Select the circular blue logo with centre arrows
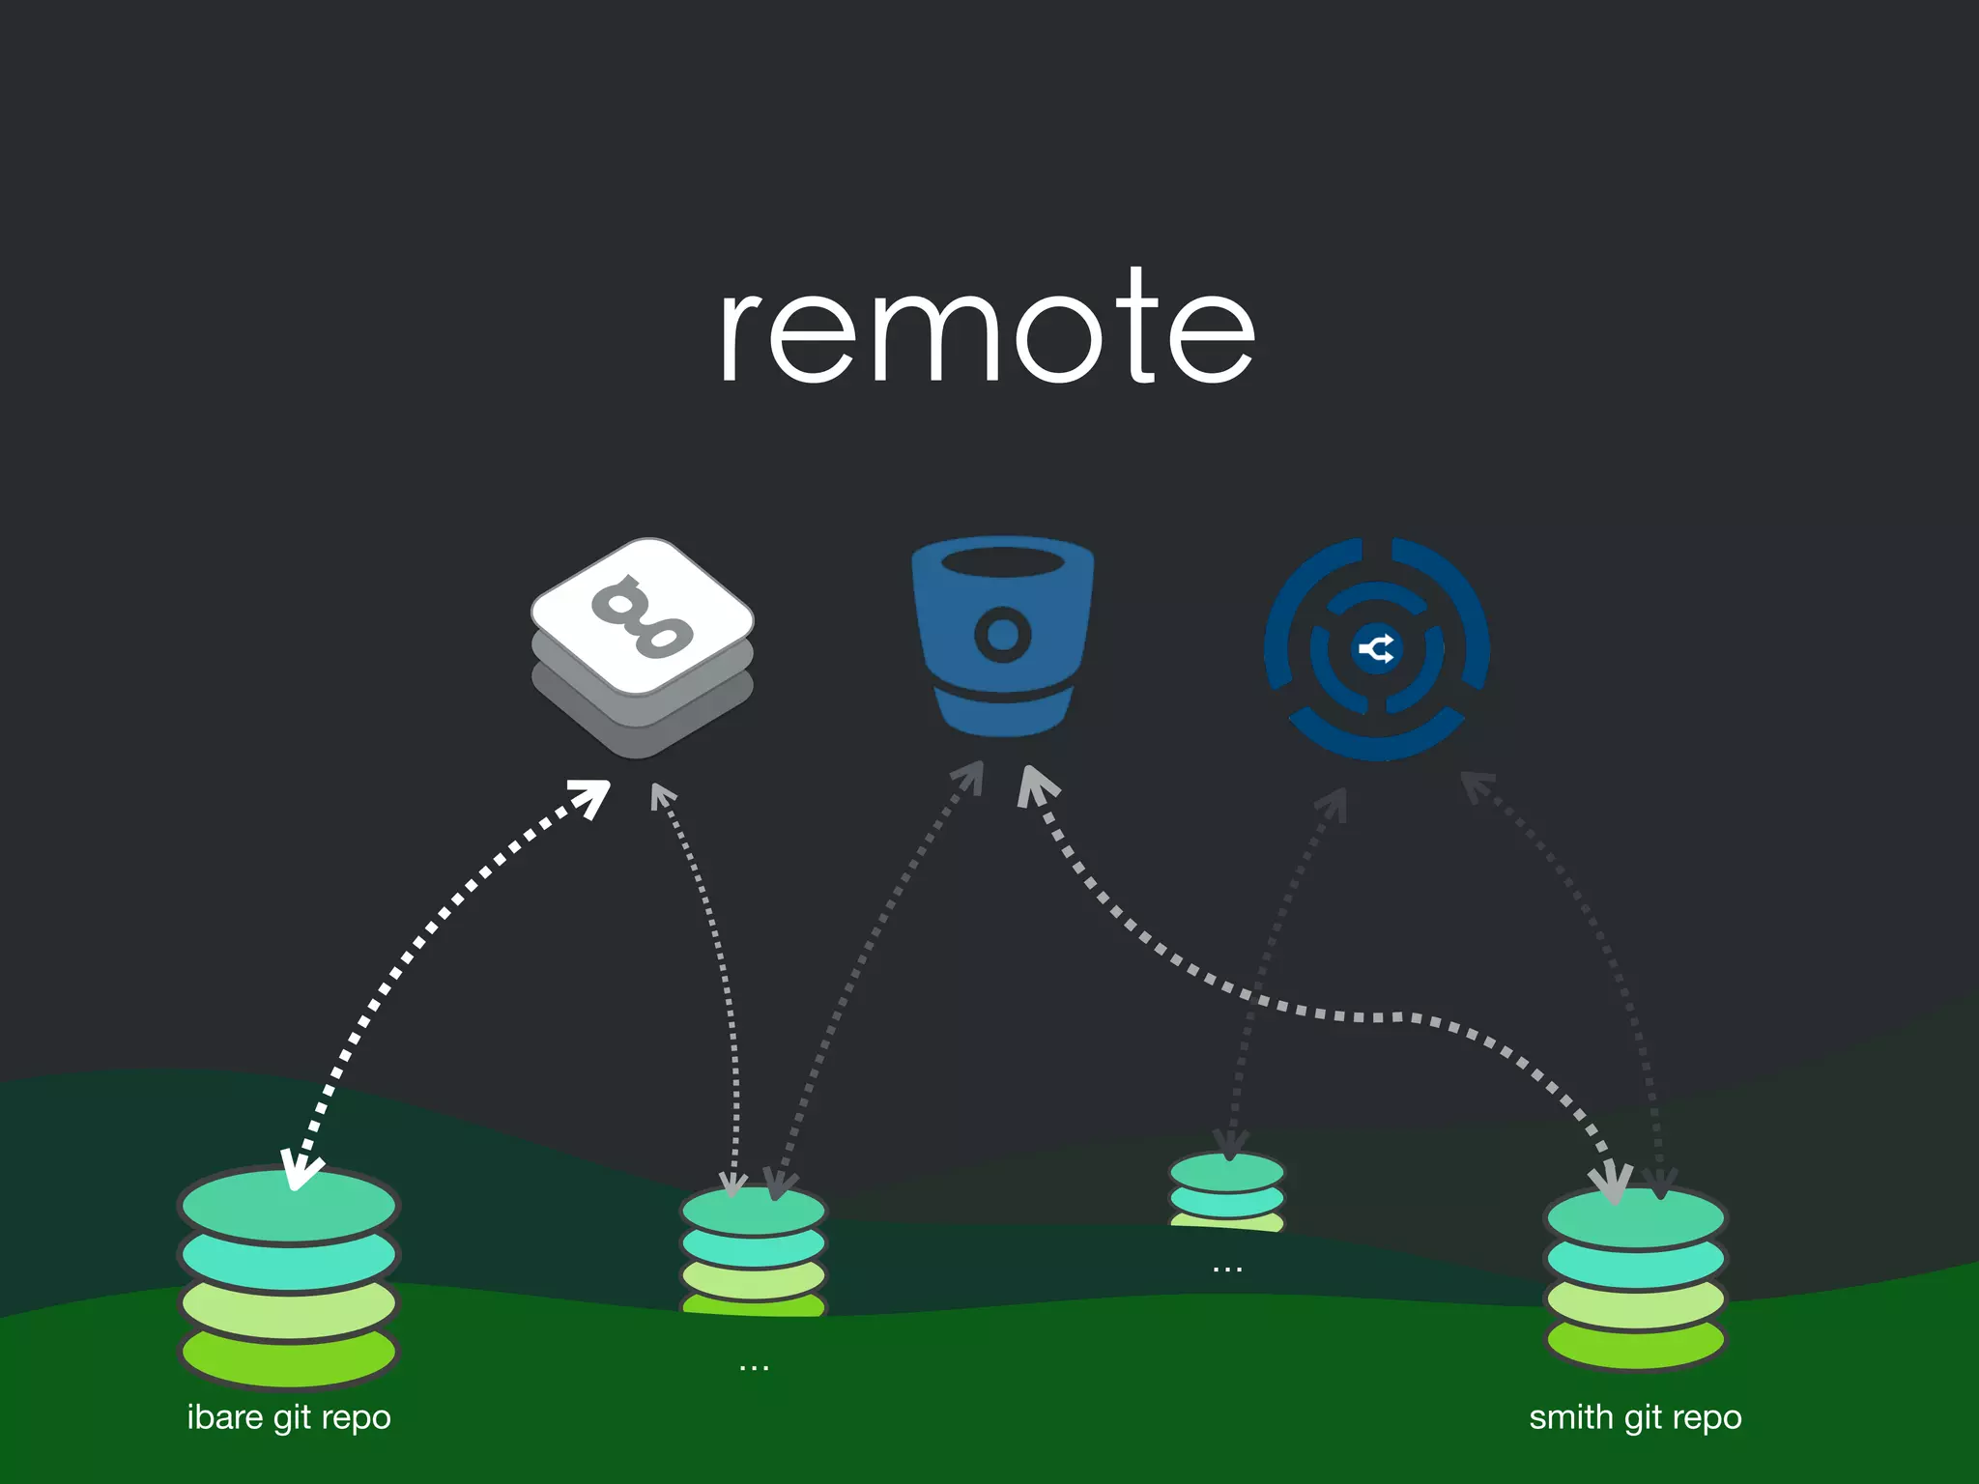(x=1376, y=648)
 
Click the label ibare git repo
(x=288, y=1417)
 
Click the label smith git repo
(x=1635, y=1417)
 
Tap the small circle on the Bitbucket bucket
(x=1003, y=635)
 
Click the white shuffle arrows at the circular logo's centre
(x=1376, y=648)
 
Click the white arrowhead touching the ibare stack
(x=298, y=1171)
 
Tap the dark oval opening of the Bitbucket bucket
(x=1003, y=561)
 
